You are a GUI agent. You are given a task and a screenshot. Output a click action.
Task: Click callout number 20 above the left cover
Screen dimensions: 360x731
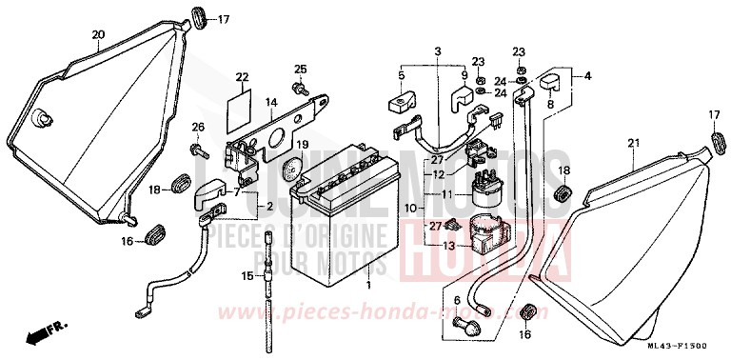click(x=97, y=35)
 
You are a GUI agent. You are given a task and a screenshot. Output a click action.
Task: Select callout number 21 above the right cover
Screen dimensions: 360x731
click(x=631, y=143)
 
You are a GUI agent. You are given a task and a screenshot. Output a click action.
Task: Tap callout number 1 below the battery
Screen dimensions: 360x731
click(x=369, y=285)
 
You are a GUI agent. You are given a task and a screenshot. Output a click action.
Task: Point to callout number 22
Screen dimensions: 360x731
click(x=242, y=77)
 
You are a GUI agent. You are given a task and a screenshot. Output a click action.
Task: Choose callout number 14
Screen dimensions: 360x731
click(x=271, y=102)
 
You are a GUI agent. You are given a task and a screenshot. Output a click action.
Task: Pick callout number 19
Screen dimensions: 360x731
click(x=303, y=145)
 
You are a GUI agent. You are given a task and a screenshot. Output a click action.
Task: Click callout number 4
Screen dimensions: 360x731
click(x=587, y=75)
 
